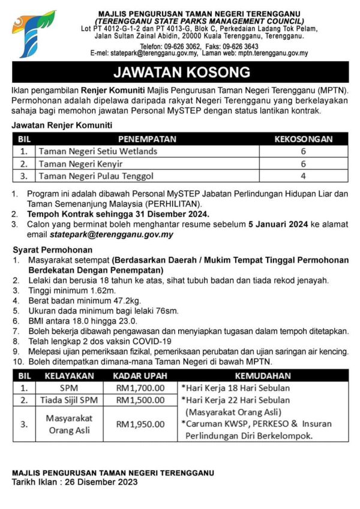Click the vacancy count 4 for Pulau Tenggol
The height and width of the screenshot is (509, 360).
click(x=303, y=176)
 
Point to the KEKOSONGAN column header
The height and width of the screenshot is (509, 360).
click(x=303, y=139)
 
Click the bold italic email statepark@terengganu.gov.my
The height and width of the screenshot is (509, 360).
click(x=112, y=234)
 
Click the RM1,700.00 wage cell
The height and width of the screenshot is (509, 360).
click(x=140, y=388)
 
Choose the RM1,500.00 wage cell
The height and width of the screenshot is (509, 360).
click(x=140, y=400)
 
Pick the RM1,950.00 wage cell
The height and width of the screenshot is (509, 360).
click(x=140, y=424)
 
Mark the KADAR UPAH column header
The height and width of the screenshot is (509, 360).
click(x=140, y=376)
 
